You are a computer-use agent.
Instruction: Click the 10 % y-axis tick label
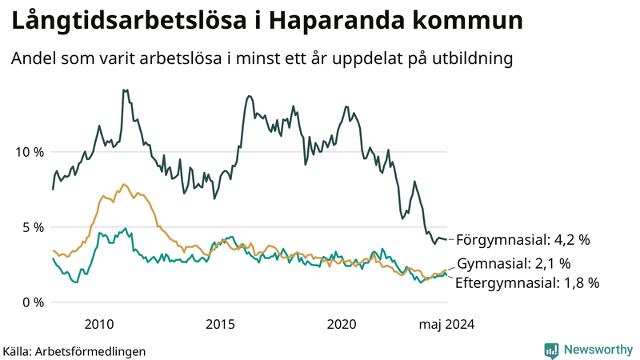[29, 152]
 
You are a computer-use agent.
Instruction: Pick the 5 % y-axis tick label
[33, 227]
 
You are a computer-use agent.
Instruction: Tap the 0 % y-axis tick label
[33, 302]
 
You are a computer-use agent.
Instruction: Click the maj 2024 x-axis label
[445, 324]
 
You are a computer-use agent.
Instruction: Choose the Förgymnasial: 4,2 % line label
[521, 239]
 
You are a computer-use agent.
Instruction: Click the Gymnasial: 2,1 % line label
[514, 264]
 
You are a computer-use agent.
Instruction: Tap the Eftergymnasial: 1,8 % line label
[527, 282]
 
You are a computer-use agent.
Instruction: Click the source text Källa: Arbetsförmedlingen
[63, 350]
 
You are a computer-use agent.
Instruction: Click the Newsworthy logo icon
[551, 350]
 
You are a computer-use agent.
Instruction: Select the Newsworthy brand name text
[597, 350]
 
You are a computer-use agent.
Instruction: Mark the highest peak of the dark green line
[124, 90]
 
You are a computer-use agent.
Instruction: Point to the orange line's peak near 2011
[123, 184]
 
